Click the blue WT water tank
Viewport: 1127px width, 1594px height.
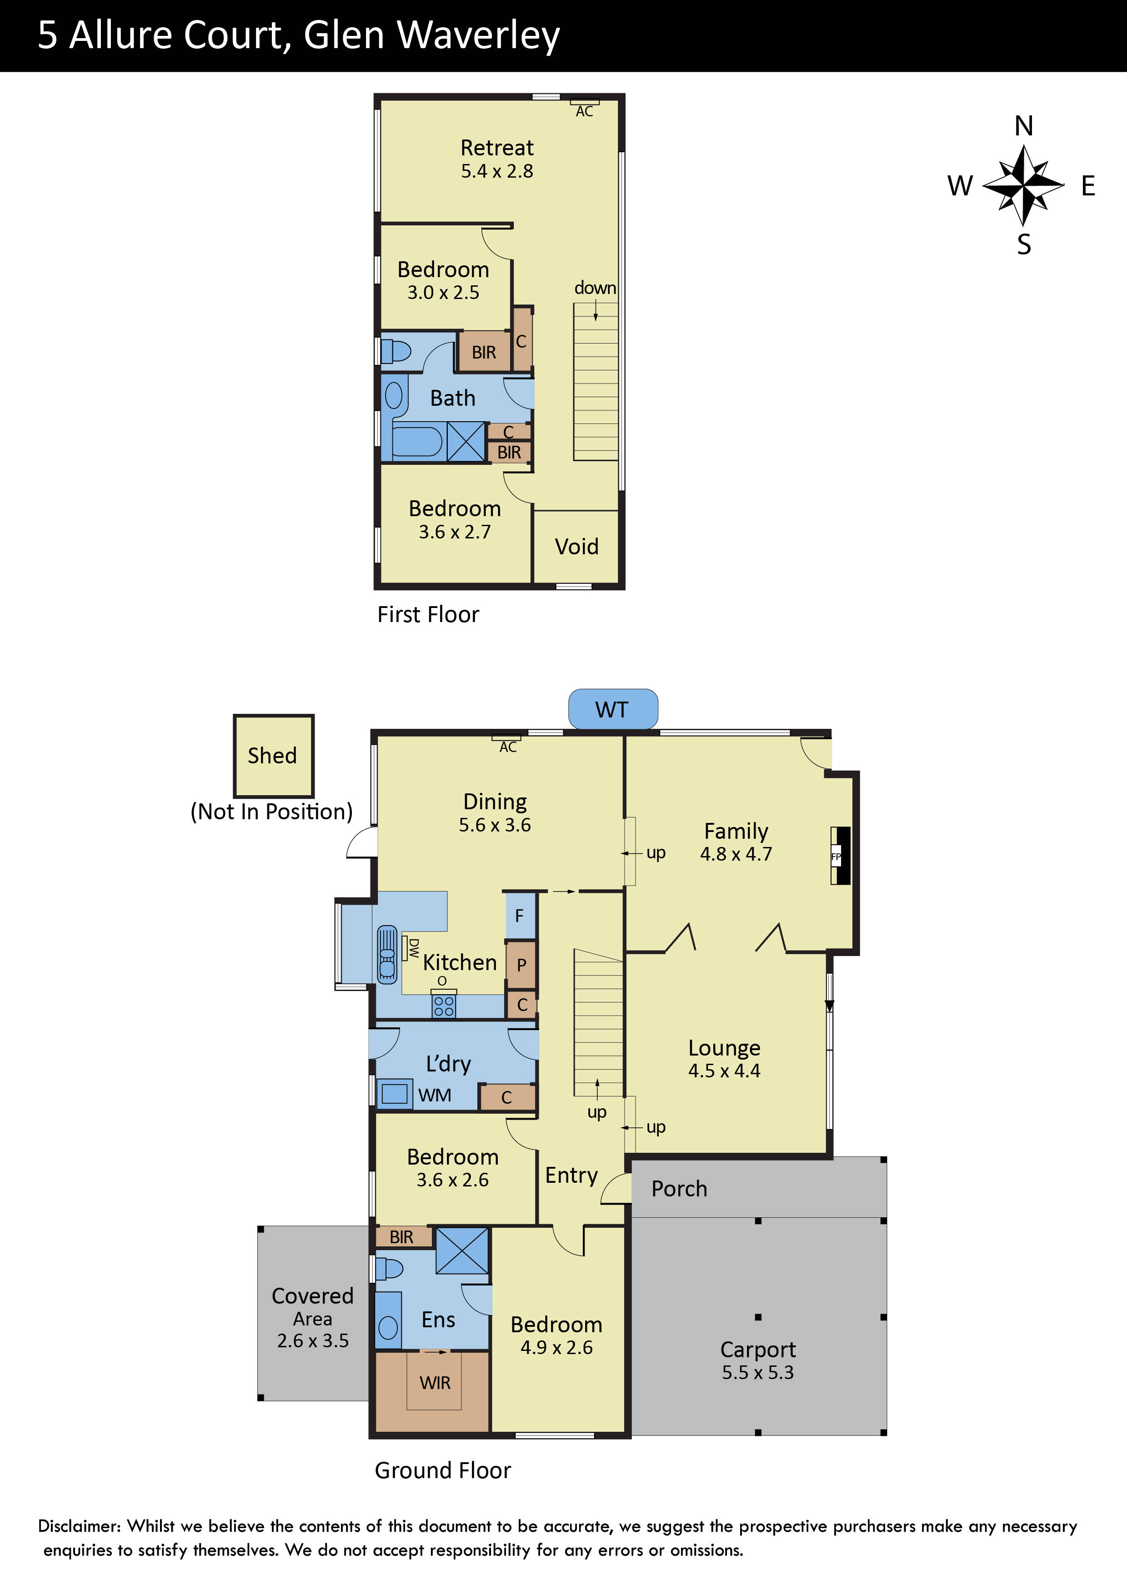[612, 709]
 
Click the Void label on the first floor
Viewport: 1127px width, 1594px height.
[576, 546]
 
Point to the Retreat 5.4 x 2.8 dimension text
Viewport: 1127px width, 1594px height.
[497, 171]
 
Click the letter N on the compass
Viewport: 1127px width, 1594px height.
[1023, 126]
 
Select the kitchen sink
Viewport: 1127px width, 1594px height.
[387, 955]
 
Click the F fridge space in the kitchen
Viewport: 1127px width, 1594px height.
[520, 916]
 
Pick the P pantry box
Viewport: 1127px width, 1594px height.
[521, 964]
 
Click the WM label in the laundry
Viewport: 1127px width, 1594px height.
[435, 1095]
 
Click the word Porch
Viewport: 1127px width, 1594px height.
[679, 1189]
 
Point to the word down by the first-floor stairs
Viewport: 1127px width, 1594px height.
[595, 288]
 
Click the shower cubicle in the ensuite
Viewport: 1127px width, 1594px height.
[462, 1250]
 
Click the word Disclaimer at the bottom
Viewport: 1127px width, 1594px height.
[79, 1526]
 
